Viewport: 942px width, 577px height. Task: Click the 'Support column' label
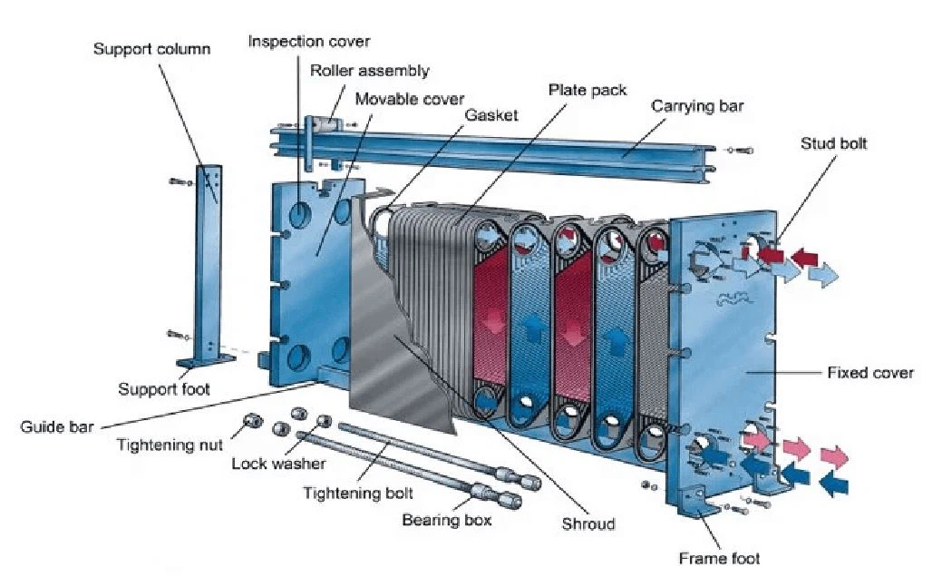click(x=151, y=48)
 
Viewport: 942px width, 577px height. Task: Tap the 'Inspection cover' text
click(x=309, y=42)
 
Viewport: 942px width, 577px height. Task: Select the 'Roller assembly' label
click(x=370, y=71)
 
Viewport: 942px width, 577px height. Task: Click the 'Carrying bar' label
click(x=697, y=106)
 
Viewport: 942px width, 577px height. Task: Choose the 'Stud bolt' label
click(x=833, y=143)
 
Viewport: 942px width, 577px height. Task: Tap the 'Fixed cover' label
click(x=870, y=373)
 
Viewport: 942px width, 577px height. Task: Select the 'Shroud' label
click(x=588, y=523)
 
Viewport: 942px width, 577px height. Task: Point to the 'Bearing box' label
click(x=446, y=520)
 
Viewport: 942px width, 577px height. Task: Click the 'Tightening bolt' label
click(x=358, y=493)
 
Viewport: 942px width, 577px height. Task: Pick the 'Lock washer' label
click(x=278, y=464)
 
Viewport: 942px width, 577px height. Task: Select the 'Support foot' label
click(x=164, y=389)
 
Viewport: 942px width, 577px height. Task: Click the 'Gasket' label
click(x=491, y=115)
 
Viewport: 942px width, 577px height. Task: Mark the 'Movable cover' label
click(x=410, y=98)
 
